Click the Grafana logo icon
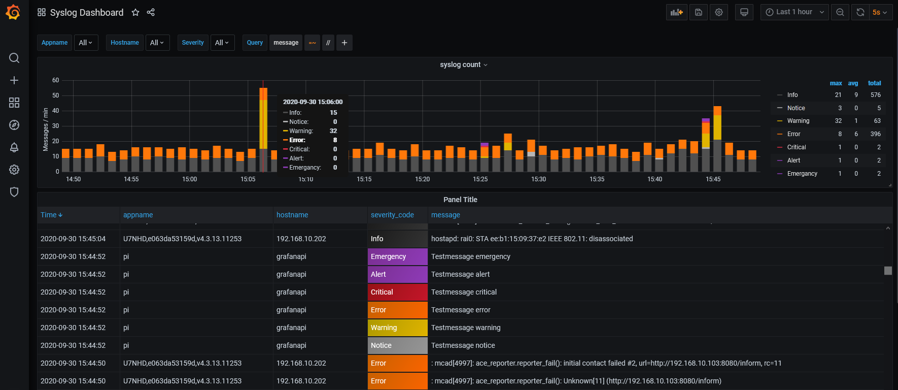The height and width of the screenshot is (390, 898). (13, 12)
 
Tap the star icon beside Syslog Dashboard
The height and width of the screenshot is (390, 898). (135, 13)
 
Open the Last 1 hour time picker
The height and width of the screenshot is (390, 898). (795, 12)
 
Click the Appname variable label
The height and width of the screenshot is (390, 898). (54, 43)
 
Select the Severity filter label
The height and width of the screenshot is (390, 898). (193, 43)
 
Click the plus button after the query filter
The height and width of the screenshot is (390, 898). (344, 43)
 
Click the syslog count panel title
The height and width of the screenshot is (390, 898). (460, 64)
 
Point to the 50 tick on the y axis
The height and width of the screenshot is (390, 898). (56, 95)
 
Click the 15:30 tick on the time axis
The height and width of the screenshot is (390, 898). (539, 179)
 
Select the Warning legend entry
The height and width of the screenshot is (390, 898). (798, 121)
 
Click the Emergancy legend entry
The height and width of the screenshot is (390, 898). (802, 174)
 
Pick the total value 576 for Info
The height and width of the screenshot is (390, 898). (875, 95)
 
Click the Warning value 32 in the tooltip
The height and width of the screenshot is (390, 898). (333, 131)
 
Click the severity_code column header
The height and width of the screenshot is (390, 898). (392, 215)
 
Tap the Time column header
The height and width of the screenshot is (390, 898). (49, 215)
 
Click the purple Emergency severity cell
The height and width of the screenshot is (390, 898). (398, 256)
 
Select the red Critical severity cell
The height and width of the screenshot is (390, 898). (398, 292)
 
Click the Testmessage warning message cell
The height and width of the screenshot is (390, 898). (466, 328)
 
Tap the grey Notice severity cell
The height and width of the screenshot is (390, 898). (398, 345)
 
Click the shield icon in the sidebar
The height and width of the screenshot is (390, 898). (14, 192)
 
